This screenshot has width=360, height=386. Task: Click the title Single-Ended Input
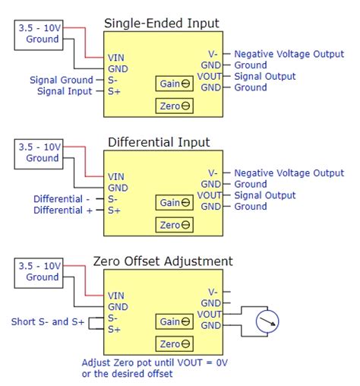point(161,23)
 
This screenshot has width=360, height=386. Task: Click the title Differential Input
point(159,142)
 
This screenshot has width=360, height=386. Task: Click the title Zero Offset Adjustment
point(163,261)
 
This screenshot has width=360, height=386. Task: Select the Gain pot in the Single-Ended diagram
point(174,84)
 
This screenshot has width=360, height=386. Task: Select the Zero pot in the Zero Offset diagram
point(174,343)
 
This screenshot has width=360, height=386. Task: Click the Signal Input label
point(65,91)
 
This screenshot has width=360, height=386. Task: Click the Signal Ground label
point(61,80)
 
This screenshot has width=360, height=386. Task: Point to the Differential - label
point(63,199)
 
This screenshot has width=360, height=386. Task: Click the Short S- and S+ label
point(43,321)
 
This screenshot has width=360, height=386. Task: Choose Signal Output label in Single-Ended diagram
point(266,76)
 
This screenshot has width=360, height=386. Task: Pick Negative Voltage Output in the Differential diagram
point(289,173)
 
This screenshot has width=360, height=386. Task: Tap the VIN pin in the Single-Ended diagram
point(116,57)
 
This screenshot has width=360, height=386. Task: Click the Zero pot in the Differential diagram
point(174,224)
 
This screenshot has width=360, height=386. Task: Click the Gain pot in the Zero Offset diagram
point(174,322)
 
